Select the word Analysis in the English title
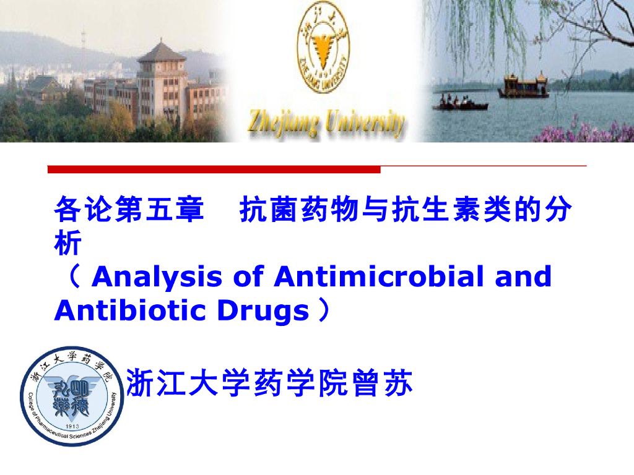(x=157, y=276)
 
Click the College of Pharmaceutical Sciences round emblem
(x=72, y=396)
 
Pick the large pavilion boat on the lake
(x=523, y=87)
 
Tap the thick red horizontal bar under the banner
(x=214, y=169)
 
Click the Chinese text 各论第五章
(x=129, y=210)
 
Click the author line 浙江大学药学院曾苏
(x=269, y=383)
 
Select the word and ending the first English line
(x=523, y=276)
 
